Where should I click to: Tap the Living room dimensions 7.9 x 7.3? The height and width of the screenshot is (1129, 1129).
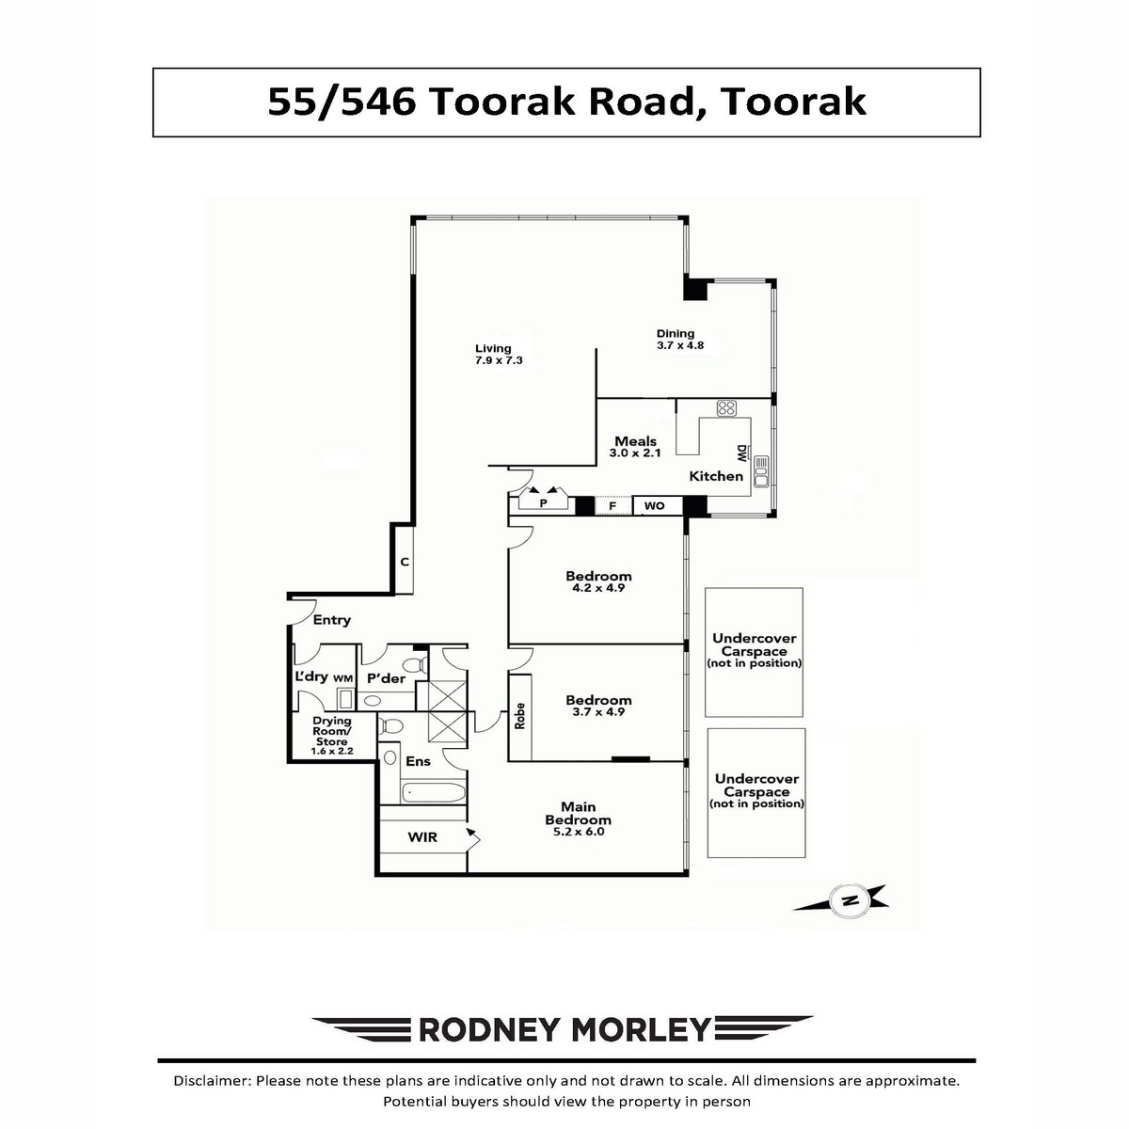pyautogui.click(x=499, y=360)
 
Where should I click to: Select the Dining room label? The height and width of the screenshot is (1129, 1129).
pyautogui.click(x=675, y=334)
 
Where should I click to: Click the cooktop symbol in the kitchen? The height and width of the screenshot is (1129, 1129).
pyautogui.click(x=726, y=407)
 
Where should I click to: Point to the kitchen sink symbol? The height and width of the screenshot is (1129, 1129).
pyautogui.click(x=761, y=471)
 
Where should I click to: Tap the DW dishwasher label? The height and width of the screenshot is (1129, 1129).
pyautogui.click(x=741, y=453)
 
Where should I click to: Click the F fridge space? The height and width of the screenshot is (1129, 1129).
pyautogui.click(x=612, y=505)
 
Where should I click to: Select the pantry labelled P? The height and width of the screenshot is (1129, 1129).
pyautogui.click(x=543, y=502)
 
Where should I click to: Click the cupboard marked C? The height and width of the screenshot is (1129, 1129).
pyautogui.click(x=405, y=562)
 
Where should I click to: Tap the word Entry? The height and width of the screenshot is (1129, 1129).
pyautogui.click(x=331, y=620)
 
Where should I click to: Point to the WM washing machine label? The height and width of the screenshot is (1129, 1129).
pyautogui.click(x=343, y=678)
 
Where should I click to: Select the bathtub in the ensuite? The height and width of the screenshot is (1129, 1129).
pyautogui.click(x=434, y=793)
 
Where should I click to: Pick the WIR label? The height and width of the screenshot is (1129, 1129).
pyautogui.click(x=422, y=837)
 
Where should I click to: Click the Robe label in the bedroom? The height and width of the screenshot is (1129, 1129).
pyautogui.click(x=519, y=715)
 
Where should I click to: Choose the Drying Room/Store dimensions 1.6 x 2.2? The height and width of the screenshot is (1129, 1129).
pyautogui.click(x=332, y=751)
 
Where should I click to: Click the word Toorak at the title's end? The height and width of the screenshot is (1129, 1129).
pyautogui.click(x=793, y=102)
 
